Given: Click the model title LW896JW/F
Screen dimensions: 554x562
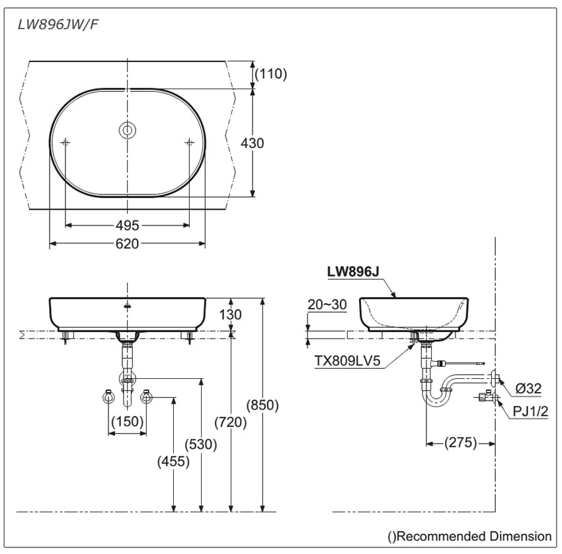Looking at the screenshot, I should [x=59, y=25].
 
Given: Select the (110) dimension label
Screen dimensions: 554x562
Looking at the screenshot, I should [x=271, y=74].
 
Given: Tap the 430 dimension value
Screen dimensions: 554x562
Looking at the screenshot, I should [x=252, y=143].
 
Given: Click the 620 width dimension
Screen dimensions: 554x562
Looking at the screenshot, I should [x=127, y=244].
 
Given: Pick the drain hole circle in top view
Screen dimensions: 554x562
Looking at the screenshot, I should [x=127, y=131].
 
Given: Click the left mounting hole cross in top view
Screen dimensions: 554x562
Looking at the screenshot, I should [x=65, y=142].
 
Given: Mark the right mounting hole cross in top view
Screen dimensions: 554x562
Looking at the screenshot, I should [x=190, y=142].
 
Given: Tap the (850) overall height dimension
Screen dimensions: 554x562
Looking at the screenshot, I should [x=262, y=405].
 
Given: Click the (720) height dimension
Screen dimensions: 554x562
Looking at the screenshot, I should [x=231, y=422].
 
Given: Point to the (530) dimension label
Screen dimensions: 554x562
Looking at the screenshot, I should [x=201, y=444].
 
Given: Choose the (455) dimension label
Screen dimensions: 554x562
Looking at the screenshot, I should [x=173, y=462].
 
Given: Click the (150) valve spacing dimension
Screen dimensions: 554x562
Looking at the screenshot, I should [x=127, y=422].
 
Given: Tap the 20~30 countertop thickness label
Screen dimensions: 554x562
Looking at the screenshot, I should [x=327, y=304].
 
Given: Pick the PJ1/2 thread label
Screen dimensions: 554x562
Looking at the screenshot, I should [x=531, y=412].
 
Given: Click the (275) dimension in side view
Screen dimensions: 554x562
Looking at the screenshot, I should [x=460, y=442].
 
